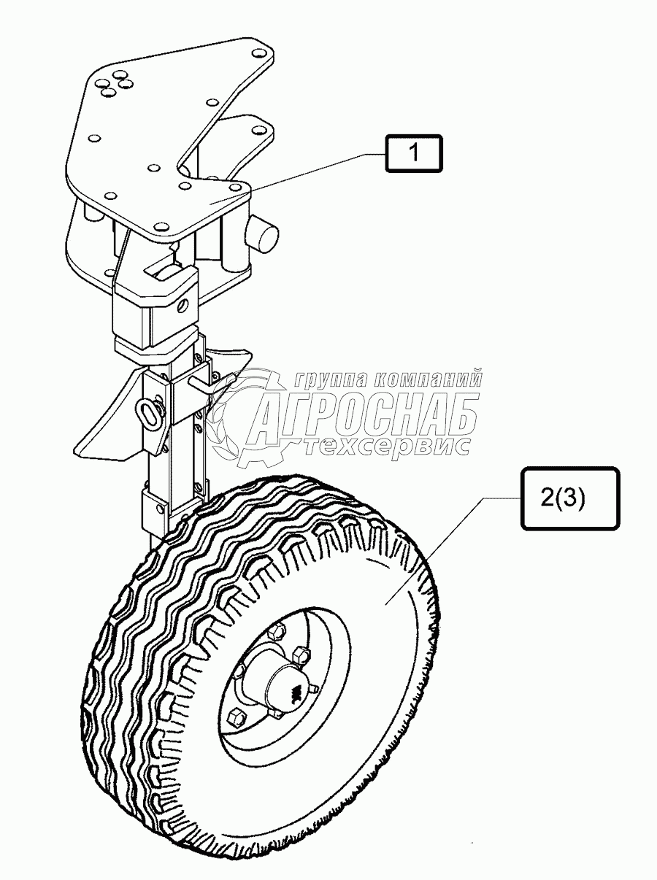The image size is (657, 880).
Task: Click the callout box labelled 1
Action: (413, 154)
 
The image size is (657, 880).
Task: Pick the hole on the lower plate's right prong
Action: (256, 131)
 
